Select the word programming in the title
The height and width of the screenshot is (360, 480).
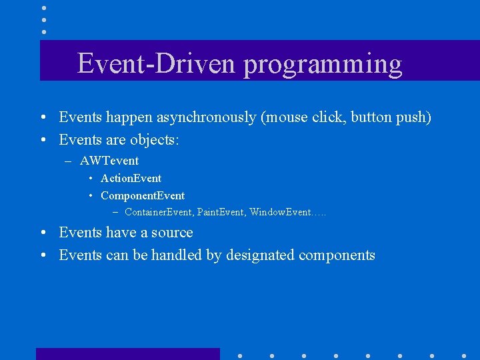(x=323, y=65)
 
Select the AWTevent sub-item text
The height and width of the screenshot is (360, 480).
(x=109, y=161)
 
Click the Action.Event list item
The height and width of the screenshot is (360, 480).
(x=131, y=178)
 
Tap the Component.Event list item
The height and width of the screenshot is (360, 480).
(x=143, y=195)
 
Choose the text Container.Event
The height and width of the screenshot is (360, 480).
(x=159, y=213)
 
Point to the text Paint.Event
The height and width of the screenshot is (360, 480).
(x=221, y=213)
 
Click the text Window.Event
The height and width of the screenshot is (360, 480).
(x=280, y=213)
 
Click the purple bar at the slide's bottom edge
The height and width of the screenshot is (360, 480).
(x=127, y=354)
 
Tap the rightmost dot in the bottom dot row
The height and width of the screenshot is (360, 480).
(x=464, y=355)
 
